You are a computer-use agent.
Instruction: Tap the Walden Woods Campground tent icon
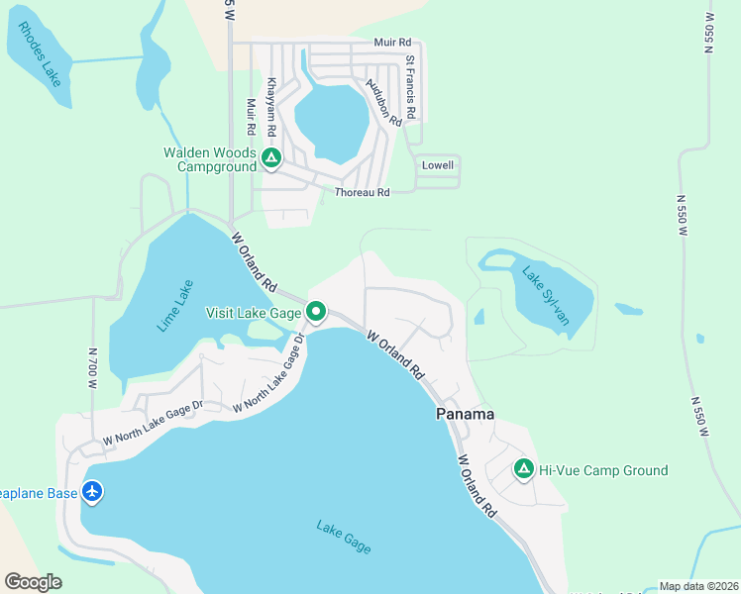click(271, 156)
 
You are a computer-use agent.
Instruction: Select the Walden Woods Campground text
click(210, 159)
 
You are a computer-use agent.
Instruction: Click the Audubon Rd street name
click(383, 102)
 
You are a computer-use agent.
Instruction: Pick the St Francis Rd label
click(410, 86)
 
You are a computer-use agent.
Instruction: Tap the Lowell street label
click(438, 164)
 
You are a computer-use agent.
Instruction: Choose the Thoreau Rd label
click(362, 192)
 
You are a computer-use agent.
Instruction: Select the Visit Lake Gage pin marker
click(316, 312)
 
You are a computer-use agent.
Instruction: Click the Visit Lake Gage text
click(253, 313)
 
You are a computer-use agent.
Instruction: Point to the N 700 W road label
click(93, 367)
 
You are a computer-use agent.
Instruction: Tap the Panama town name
click(465, 414)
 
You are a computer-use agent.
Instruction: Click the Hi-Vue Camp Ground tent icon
click(523, 469)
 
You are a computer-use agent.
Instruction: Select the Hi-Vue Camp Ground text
click(603, 470)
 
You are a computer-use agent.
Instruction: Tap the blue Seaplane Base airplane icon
click(92, 490)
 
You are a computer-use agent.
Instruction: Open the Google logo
click(33, 582)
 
